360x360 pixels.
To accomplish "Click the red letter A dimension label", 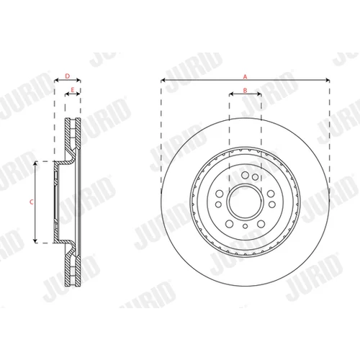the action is [245, 77].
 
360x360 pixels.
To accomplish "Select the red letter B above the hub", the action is [245, 91].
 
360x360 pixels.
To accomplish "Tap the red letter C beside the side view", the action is [31, 202].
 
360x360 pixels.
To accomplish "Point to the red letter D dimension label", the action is [68, 76].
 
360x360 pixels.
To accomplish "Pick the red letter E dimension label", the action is [73, 90].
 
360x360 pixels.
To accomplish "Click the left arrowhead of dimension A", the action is [163, 80].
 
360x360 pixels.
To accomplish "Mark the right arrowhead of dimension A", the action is [328, 80].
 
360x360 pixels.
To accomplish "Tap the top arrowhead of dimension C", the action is [35, 163].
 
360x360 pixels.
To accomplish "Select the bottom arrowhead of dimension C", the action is [35, 240].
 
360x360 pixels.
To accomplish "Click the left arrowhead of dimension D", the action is [57, 80].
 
